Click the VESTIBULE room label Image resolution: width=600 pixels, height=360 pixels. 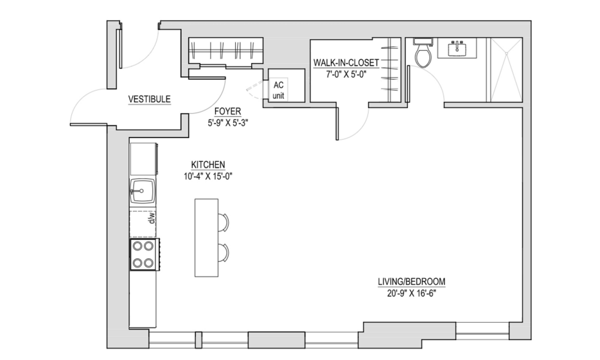(x=149, y=99)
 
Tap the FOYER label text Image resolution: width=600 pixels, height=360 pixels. (x=227, y=111)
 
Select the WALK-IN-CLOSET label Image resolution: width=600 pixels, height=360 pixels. (x=346, y=62)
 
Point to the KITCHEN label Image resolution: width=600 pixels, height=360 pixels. (x=208, y=165)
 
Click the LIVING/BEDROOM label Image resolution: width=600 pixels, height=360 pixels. (x=412, y=282)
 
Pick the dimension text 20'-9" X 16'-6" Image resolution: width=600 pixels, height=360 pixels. (x=412, y=293)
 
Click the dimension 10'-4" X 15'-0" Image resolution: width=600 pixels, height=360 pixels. (x=208, y=176)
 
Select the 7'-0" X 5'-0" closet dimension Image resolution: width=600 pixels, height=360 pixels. (x=346, y=75)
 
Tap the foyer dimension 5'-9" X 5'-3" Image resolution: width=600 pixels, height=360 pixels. (x=228, y=123)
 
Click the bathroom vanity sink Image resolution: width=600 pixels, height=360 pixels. (x=457, y=48)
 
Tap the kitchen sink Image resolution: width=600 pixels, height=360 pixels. (x=143, y=191)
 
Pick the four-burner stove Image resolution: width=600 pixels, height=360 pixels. (x=143, y=255)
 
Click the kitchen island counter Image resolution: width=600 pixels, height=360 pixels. (x=207, y=237)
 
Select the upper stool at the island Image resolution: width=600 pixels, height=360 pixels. (x=224, y=222)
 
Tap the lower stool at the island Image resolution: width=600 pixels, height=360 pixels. (x=224, y=253)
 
